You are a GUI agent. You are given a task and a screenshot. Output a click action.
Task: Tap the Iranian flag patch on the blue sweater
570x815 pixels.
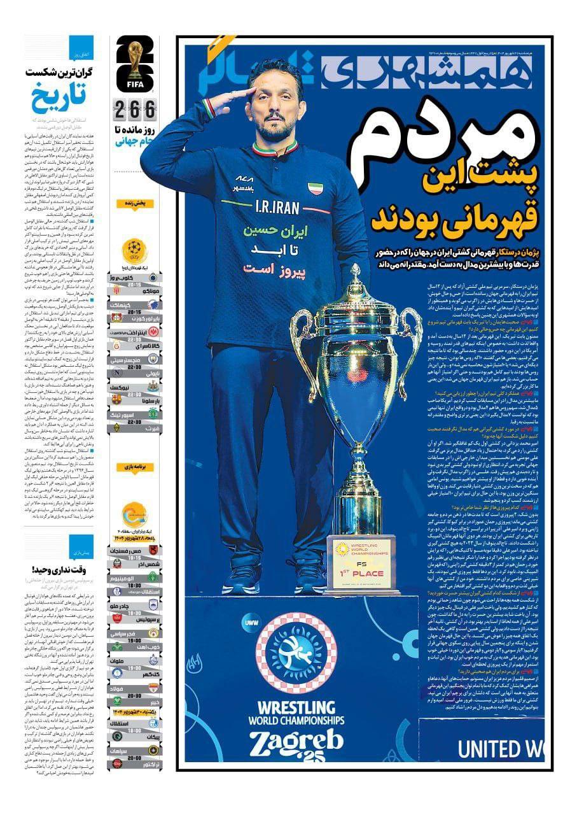point(316,188)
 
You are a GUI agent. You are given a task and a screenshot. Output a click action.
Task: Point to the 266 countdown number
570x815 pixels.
point(134,111)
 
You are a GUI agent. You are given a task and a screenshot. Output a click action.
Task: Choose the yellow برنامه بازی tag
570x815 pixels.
point(135,467)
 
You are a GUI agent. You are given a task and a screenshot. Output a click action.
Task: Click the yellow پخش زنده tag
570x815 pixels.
point(135,204)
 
